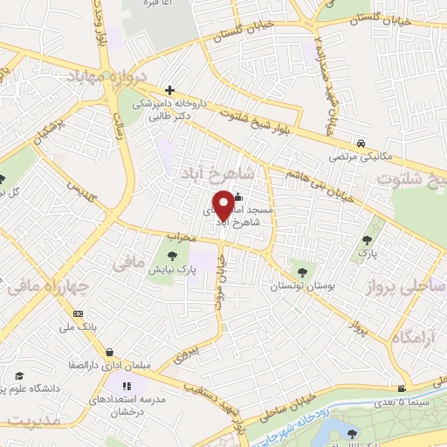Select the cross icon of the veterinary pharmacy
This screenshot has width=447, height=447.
pos(169,90)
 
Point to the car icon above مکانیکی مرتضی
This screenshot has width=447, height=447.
pos(360,142)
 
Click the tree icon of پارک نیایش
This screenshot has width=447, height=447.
pos(171,256)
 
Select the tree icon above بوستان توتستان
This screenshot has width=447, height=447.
pos(303,270)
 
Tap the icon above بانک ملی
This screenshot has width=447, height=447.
pos(79,313)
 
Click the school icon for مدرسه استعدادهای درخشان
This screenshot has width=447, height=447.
pos(126,385)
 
